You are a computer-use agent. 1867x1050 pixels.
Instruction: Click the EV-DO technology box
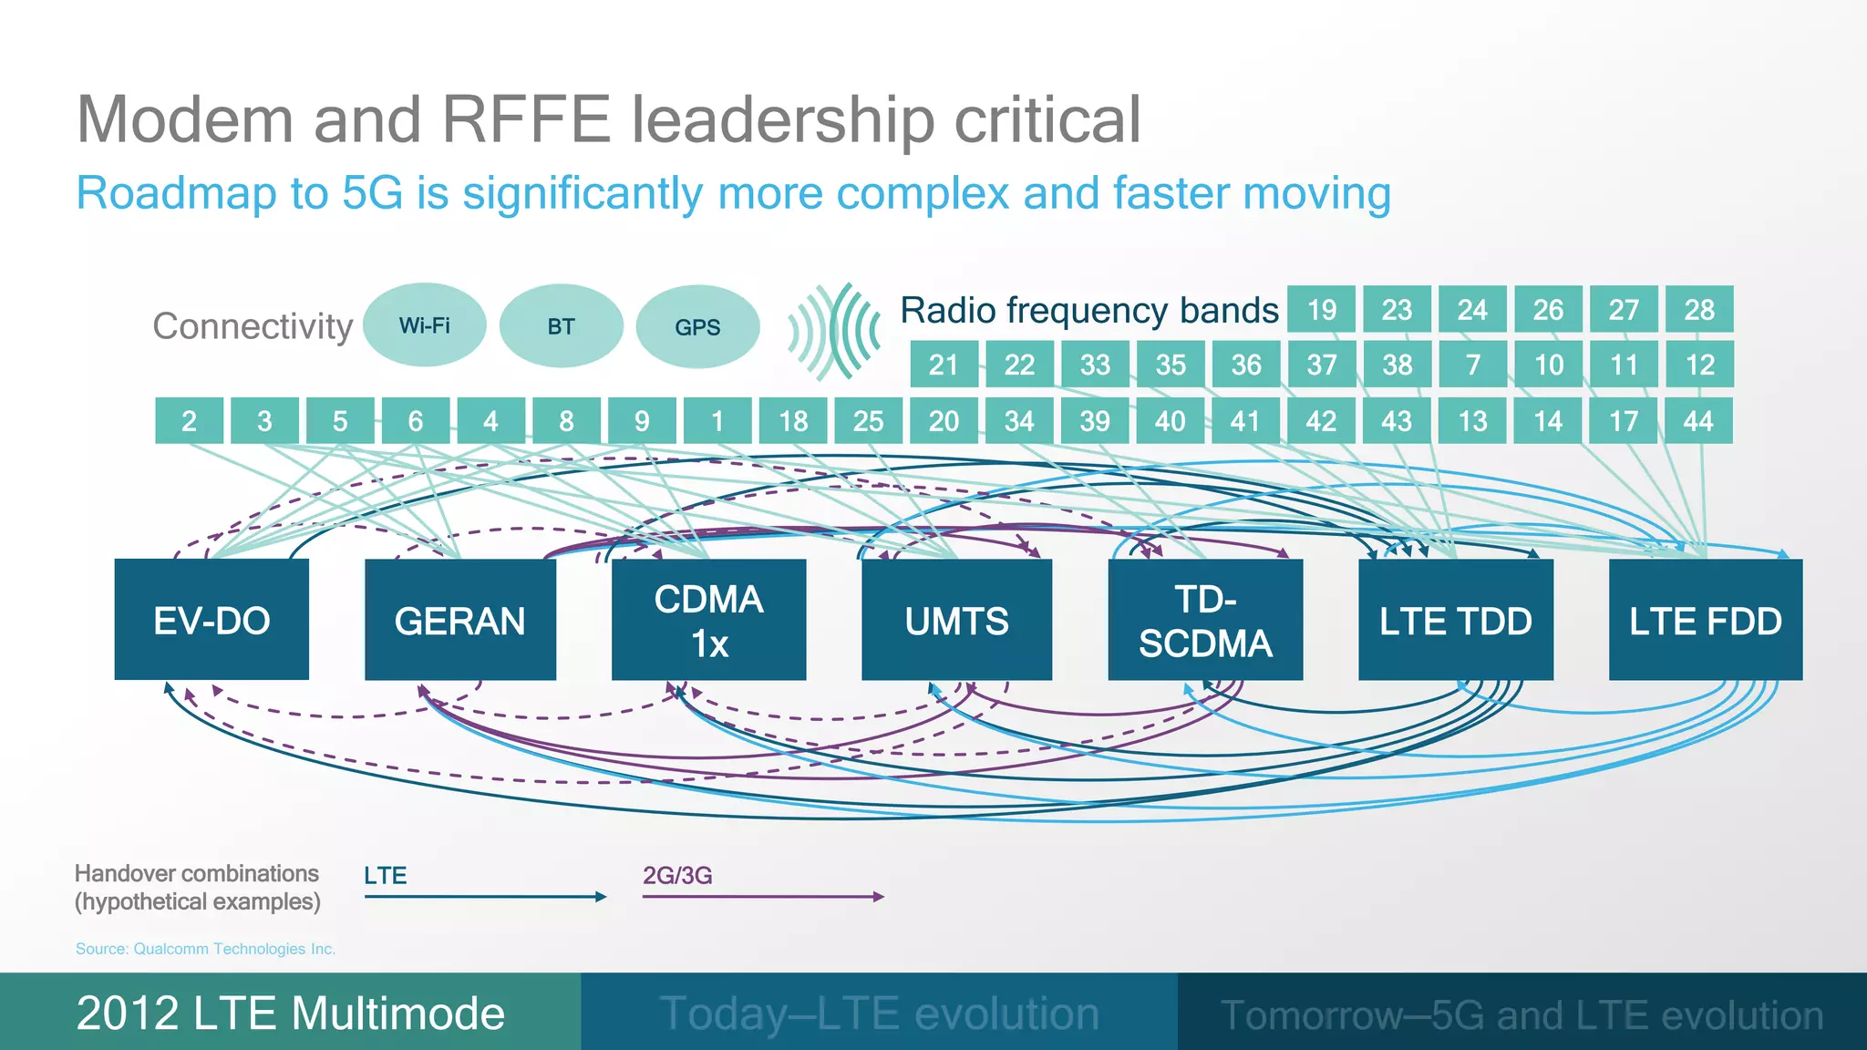(211, 620)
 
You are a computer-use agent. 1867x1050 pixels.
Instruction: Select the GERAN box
(460, 620)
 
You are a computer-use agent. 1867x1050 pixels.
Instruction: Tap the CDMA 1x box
(708, 620)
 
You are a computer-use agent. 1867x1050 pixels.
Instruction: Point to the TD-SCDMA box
(1205, 620)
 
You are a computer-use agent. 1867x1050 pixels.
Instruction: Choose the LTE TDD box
(1455, 620)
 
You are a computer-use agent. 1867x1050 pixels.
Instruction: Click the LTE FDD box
(1705, 620)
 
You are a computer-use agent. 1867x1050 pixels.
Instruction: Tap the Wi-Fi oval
(425, 325)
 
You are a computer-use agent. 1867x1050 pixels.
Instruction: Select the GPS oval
(697, 326)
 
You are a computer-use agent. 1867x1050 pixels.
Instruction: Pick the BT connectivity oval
(562, 326)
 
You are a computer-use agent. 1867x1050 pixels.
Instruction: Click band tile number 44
(1698, 421)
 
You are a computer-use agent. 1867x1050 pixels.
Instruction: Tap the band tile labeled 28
(1699, 310)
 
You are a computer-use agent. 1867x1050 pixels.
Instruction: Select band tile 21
(944, 365)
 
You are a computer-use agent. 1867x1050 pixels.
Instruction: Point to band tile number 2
(189, 421)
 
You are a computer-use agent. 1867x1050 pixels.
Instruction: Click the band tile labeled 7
(1472, 365)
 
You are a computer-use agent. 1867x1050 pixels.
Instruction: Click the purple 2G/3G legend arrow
(763, 897)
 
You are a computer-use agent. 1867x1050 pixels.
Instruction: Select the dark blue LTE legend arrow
(485, 897)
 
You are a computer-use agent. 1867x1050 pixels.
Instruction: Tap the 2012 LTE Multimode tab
(290, 1013)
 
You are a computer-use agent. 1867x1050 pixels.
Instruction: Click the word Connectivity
(253, 326)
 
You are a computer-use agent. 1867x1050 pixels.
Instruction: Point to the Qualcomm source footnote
(205, 949)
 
